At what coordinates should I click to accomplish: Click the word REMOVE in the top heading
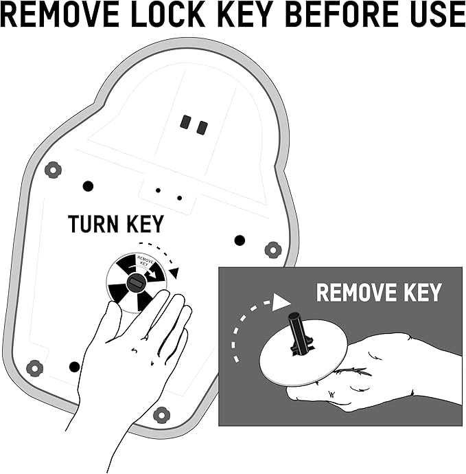(60, 14)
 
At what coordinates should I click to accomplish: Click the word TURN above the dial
(93, 224)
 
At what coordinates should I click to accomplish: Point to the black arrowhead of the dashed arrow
(174, 272)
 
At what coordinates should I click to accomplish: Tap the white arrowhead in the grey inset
(281, 302)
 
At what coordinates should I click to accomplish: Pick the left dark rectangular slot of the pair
(185, 122)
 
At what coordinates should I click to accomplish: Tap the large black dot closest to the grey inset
(240, 240)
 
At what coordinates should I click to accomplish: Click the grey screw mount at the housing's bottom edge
(161, 415)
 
